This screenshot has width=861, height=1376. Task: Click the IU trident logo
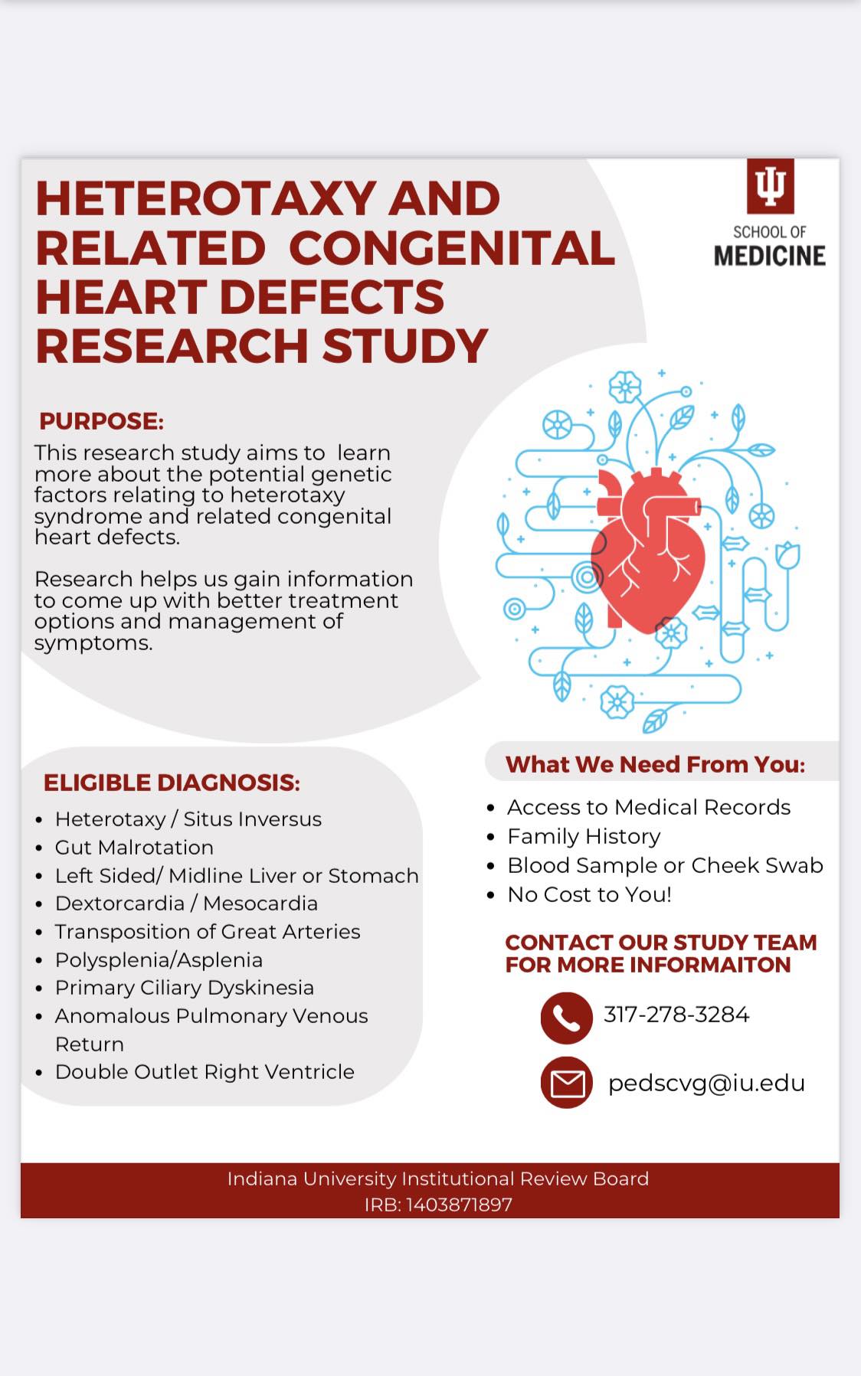[770, 186]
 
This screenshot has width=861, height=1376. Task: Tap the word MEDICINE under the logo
[770, 256]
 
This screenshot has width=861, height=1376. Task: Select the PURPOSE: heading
[102, 421]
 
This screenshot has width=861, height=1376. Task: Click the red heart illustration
[648, 550]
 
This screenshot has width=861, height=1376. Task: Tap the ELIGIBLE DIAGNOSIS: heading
[172, 783]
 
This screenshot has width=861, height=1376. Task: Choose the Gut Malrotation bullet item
[134, 848]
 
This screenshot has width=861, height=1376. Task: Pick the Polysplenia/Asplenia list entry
[159, 960]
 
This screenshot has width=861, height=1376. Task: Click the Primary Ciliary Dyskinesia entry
[185, 988]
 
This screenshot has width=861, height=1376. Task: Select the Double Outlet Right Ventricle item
[205, 1072]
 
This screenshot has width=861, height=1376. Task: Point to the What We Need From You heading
[655, 764]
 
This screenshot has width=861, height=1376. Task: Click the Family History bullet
[584, 836]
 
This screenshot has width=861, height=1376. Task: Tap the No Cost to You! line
[589, 894]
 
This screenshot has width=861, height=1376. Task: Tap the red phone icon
[566, 1018]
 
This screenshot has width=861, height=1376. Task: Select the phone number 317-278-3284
[676, 1015]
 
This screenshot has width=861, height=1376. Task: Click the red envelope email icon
[567, 1083]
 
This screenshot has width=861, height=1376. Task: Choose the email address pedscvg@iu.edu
[706, 1083]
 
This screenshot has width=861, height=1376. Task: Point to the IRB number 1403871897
[459, 1204]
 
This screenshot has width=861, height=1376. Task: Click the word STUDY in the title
[405, 346]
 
